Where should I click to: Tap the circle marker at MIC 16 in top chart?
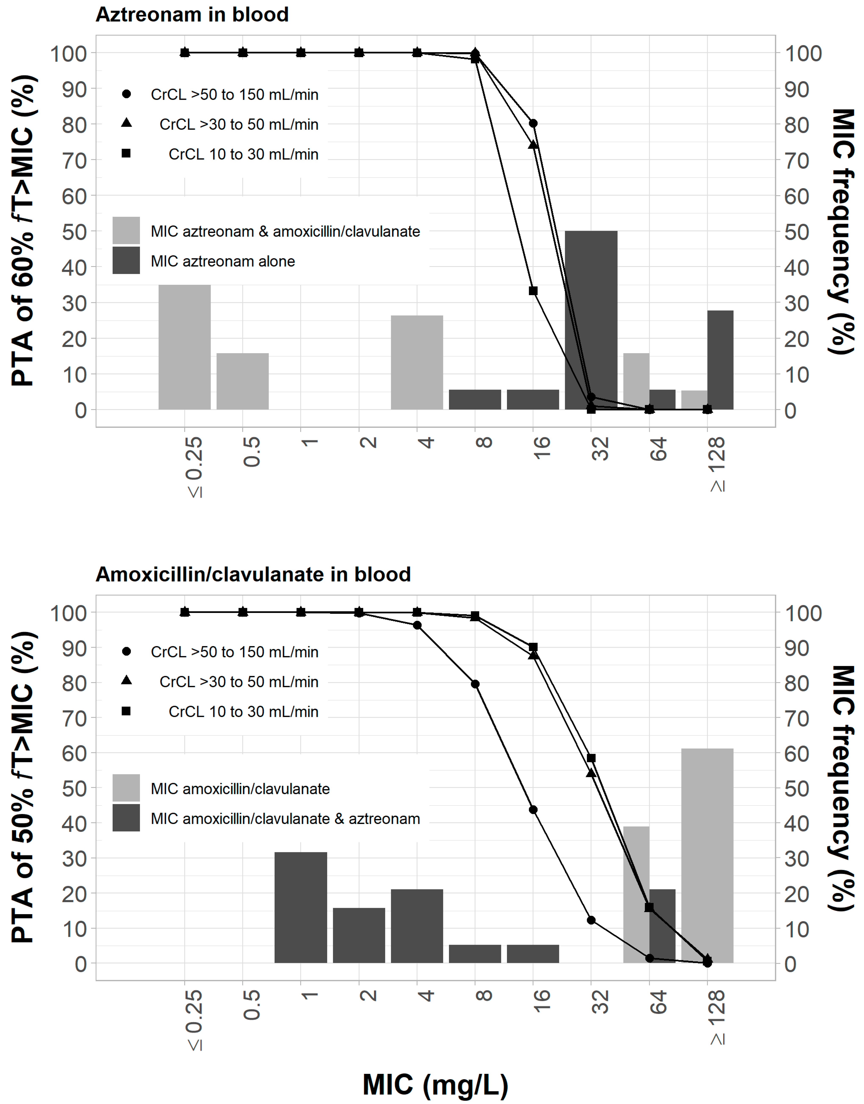pos(533,124)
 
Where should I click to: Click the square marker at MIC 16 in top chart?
pos(533,291)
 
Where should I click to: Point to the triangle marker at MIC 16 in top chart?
pos(533,145)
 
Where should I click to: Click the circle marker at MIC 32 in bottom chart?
pos(591,920)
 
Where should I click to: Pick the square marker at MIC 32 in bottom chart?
pos(591,758)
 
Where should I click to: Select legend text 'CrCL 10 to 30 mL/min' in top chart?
pos(243,154)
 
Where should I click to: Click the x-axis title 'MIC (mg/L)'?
pos(435,1084)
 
